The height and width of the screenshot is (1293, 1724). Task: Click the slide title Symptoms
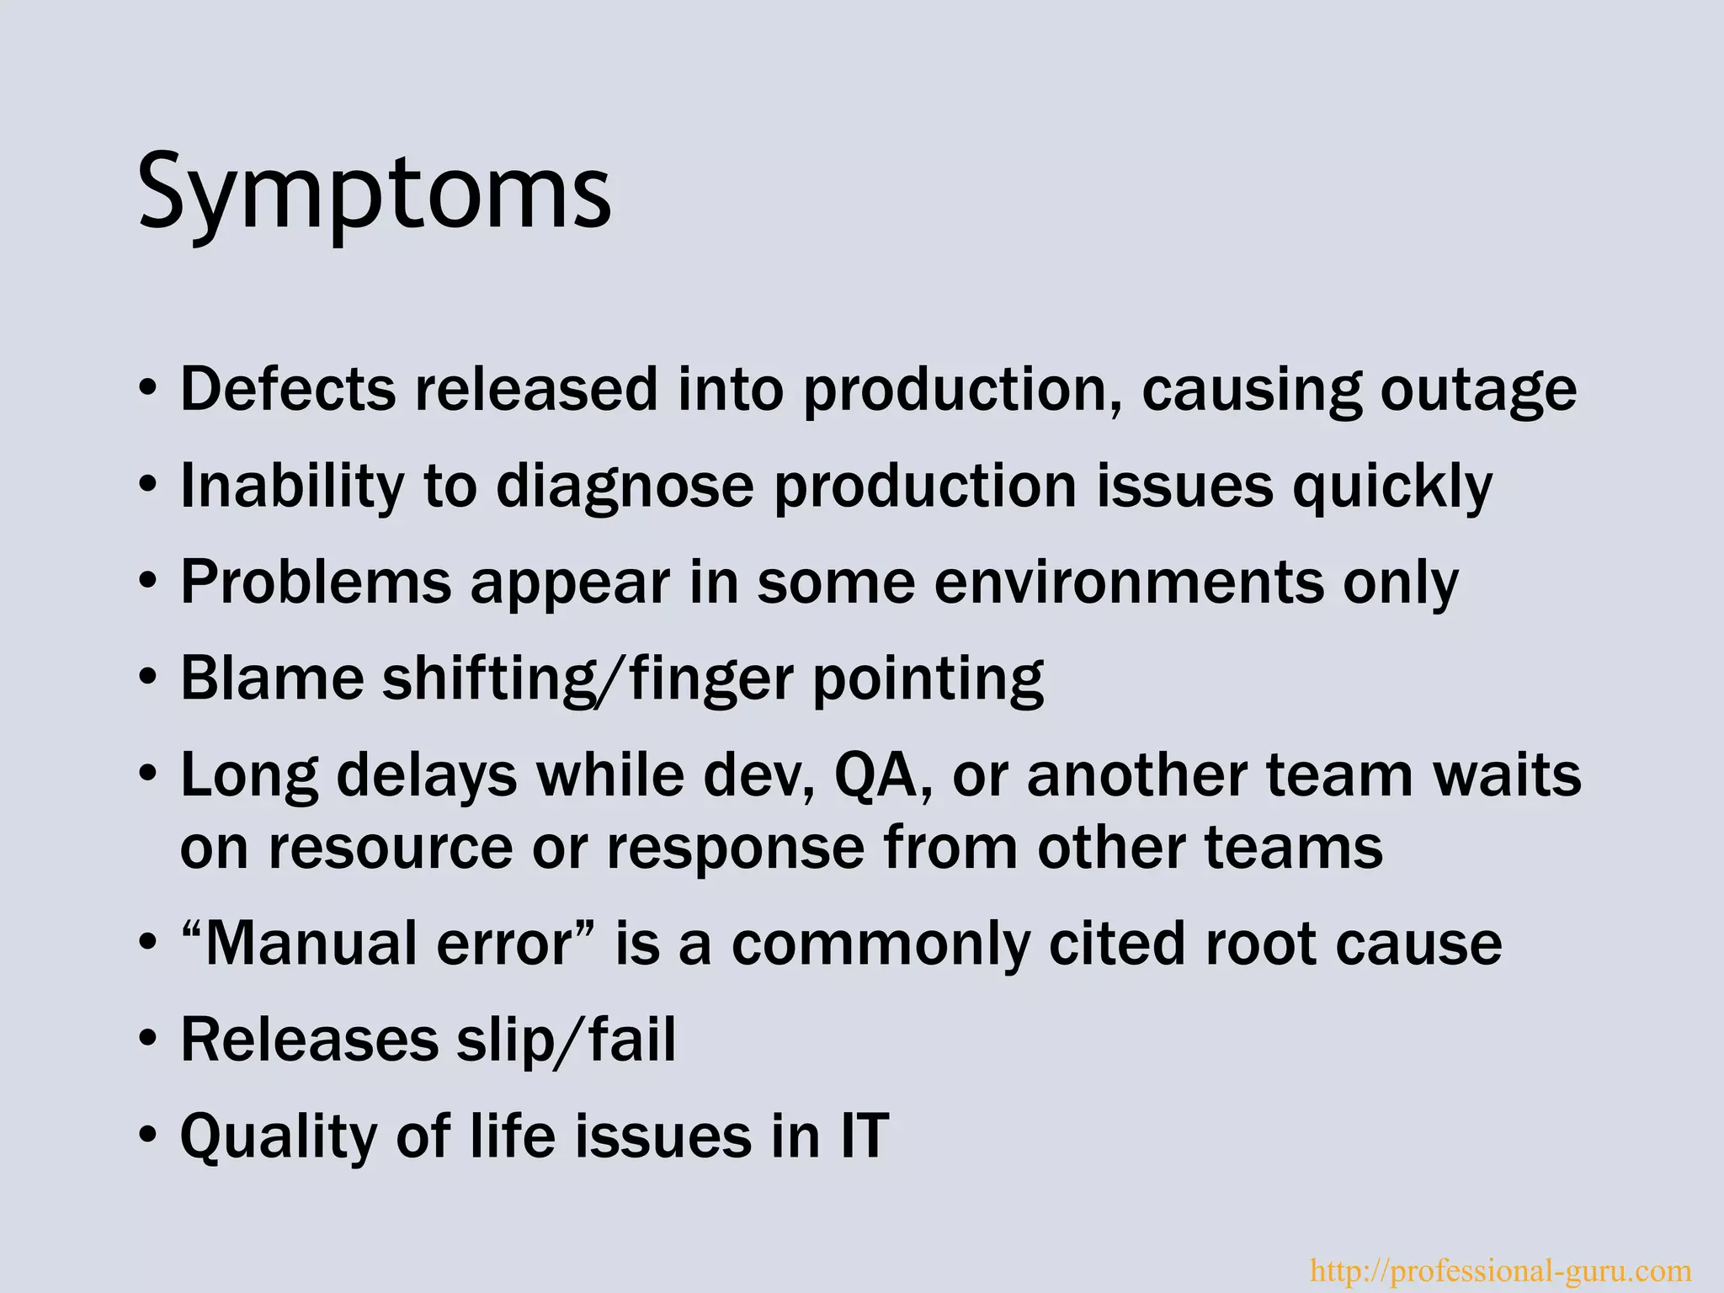(x=375, y=192)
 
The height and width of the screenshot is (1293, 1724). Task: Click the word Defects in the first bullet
(x=287, y=390)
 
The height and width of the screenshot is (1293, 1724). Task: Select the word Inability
(x=291, y=487)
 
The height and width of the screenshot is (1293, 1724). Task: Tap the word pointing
(x=928, y=679)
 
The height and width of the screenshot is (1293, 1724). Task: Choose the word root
(x=1260, y=944)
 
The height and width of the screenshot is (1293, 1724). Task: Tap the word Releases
(x=309, y=1040)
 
